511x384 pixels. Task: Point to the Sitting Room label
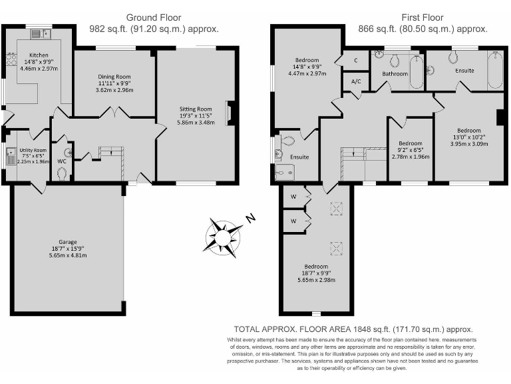tap(195, 109)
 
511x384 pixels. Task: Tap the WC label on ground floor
tap(61, 161)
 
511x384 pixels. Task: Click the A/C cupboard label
tap(355, 82)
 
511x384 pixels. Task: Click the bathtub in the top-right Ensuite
tap(495, 70)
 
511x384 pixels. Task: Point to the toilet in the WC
tap(62, 173)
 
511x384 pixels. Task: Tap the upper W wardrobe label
tap(293, 197)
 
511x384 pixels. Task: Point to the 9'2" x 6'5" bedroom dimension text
tap(411, 150)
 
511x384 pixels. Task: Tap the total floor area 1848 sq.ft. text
tap(353, 329)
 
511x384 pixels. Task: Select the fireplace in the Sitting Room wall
tap(230, 113)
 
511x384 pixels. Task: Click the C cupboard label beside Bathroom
tap(356, 61)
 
